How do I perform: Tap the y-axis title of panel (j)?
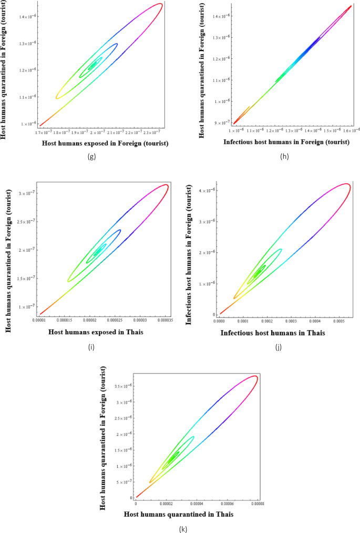192,249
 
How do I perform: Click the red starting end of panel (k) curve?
137,496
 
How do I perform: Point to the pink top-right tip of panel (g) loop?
160,4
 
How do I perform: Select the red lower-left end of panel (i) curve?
40,314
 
